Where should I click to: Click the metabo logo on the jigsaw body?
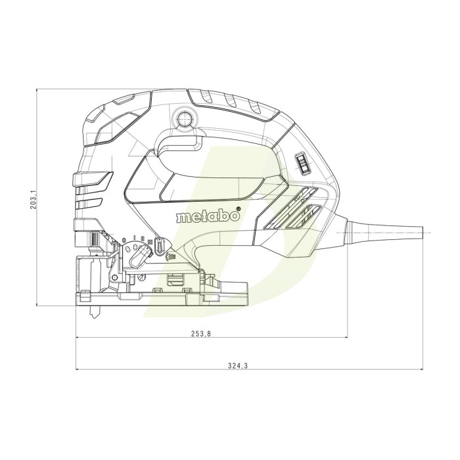205,216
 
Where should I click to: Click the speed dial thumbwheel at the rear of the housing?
301,163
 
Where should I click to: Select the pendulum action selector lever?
137,254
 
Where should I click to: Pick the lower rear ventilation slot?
306,214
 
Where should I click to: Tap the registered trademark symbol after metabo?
238,210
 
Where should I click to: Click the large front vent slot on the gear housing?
94,178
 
